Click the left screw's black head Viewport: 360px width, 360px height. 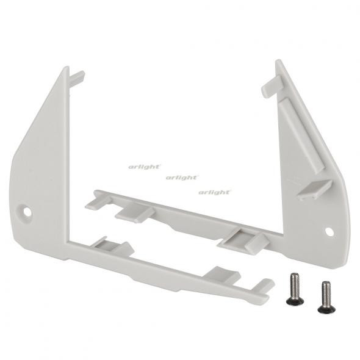pyautogui.click(x=293, y=300)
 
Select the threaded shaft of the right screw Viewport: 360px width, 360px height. pyautogui.click(x=326, y=292)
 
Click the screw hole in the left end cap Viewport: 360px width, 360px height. pyautogui.click(x=27, y=212)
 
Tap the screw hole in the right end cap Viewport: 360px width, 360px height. pyautogui.click(x=329, y=232)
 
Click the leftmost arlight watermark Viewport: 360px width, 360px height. pyautogui.click(x=144, y=165)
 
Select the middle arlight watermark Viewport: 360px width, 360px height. pyautogui.click(x=181, y=178)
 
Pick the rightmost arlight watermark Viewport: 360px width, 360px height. pyautogui.click(x=214, y=192)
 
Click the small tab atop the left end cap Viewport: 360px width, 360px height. pyautogui.click(x=77, y=77)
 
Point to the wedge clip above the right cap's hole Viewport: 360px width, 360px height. pyautogui.click(x=314, y=188)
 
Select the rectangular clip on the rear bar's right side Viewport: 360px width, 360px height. pyautogui.click(x=245, y=240)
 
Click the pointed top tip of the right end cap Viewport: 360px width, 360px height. pyautogui.click(x=278, y=62)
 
